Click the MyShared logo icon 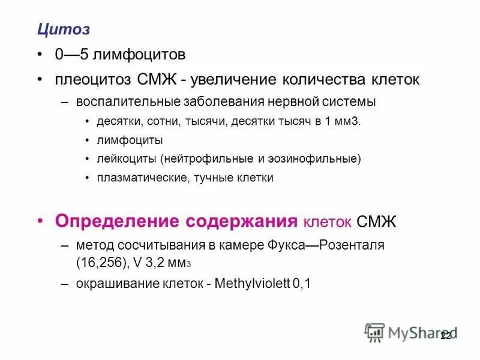(375, 331)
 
